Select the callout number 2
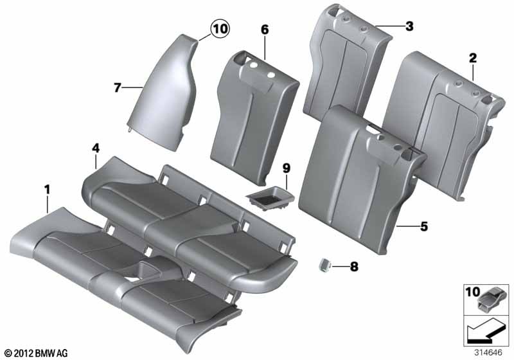pos(472,59)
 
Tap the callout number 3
pos(409,26)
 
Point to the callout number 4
pos(95,149)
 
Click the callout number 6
pos(265,29)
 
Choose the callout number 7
pos(117,87)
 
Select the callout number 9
pos(287,168)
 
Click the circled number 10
pos(220,28)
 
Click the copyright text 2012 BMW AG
pos(35,352)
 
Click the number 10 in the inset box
pos(472,293)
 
